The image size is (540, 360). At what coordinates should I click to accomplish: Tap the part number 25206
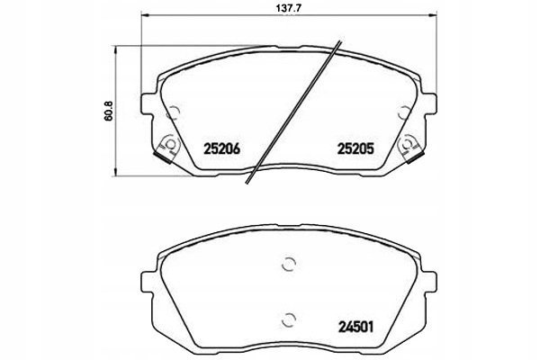[x=222, y=149]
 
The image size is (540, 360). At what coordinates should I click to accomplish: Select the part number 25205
[x=354, y=149]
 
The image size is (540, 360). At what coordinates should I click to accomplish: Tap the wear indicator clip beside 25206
[x=165, y=146]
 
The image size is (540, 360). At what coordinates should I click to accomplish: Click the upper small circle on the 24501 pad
[x=288, y=264]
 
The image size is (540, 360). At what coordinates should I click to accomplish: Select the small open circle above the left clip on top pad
[x=174, y=113]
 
